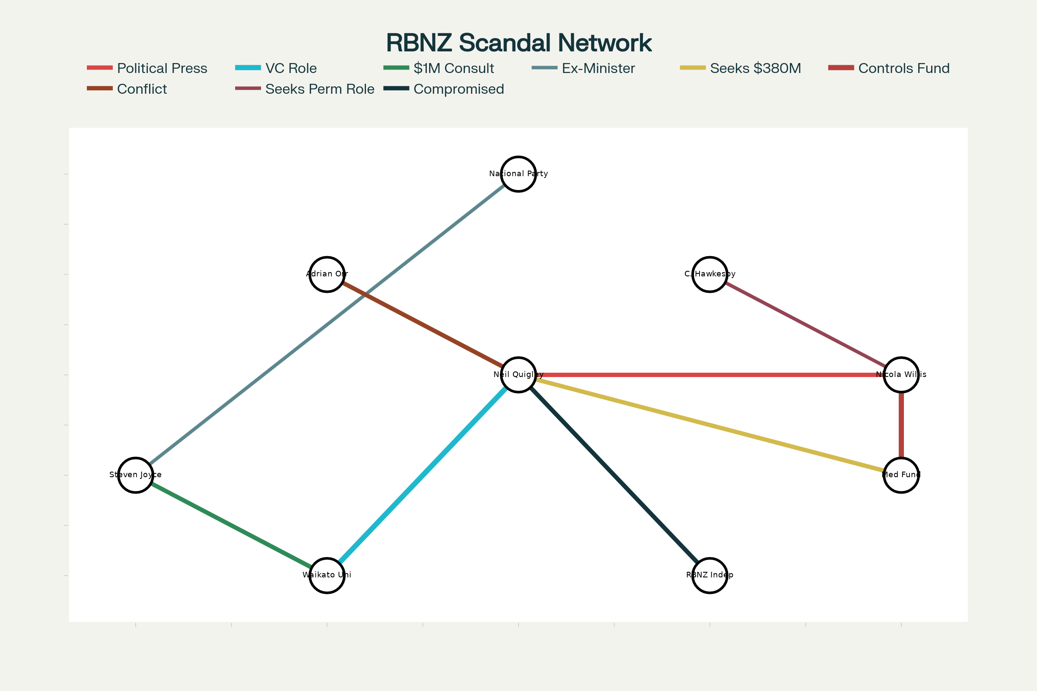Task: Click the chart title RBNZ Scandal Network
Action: (518, 43)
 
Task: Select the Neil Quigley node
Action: (518, 374)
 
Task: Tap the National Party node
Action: (518, 174)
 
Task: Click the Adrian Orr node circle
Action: (327, 274)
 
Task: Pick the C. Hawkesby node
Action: (710, 274)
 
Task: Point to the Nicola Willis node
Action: (901, 374)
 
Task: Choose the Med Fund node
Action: (901, 475)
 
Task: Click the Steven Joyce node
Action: (135, 475)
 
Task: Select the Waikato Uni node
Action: (327, 575)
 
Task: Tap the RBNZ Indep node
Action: (710, 575)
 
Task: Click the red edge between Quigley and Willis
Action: (710, 374)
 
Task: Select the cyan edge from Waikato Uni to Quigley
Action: (423, 475)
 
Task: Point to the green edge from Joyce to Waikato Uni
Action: (231, 525)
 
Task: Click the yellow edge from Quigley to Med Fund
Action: (710, 425)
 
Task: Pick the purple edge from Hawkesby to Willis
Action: (805, 324)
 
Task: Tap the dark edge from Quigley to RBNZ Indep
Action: (614, 475)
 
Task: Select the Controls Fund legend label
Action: (904, 68)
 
